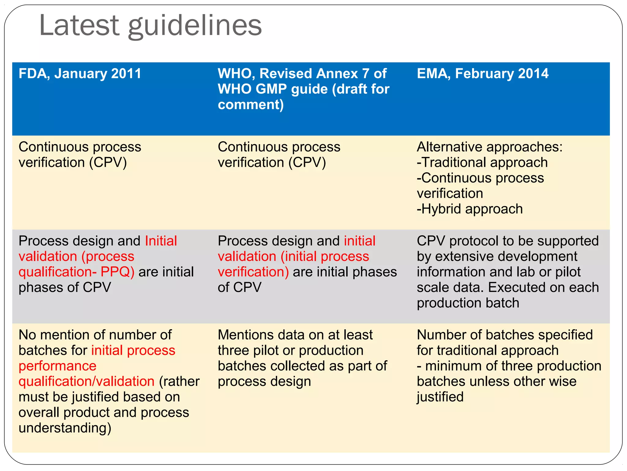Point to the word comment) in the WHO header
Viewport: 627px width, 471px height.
pos(251,105)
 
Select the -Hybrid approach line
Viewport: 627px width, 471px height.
pos(470,209)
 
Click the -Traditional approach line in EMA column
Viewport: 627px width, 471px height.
pos(482,163)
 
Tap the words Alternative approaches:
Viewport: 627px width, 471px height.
pos(490,147)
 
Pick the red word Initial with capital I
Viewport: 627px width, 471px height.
pos(161,241)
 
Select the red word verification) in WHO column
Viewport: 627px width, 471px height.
pos(253,272)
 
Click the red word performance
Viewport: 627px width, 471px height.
pos(58,366)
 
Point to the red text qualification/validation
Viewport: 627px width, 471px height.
pos(86,381)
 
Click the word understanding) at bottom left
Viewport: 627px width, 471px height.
pos(65,428)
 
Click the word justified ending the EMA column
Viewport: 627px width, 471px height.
pos(440,397)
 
